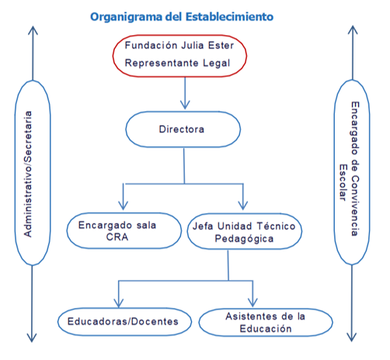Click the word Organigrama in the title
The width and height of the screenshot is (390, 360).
coord(127,17)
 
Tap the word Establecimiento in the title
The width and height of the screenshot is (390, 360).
coord(230,16)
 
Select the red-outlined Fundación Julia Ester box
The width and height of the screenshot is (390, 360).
coord(179,56)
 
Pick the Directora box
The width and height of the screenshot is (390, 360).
coord(183,129)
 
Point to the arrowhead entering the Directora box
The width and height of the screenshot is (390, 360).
coord(185,105)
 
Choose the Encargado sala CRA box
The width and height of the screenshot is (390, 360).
coord(124,231)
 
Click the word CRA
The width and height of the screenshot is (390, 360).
coord(117,237)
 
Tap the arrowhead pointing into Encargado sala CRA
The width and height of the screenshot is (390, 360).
coord(123,205)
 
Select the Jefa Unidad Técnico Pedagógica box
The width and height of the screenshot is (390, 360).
coord(245,232)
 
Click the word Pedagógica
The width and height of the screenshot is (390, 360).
coord(244,239)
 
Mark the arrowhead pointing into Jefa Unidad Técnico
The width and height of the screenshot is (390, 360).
coord(243,205)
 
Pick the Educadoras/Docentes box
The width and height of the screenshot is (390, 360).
coord(124,322)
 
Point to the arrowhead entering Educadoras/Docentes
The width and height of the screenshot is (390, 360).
coord(118,303)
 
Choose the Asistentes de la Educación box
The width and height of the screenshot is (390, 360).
coord(266,323)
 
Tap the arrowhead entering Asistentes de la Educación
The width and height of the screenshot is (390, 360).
coord(252,302)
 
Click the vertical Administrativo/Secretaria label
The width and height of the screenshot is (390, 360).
coord(28,174)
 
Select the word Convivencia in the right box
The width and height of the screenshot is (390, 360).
coord(355,206)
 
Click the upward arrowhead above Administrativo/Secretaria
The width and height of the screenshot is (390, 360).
coord(33,30)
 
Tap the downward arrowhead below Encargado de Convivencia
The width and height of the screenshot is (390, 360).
coord(352,337)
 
